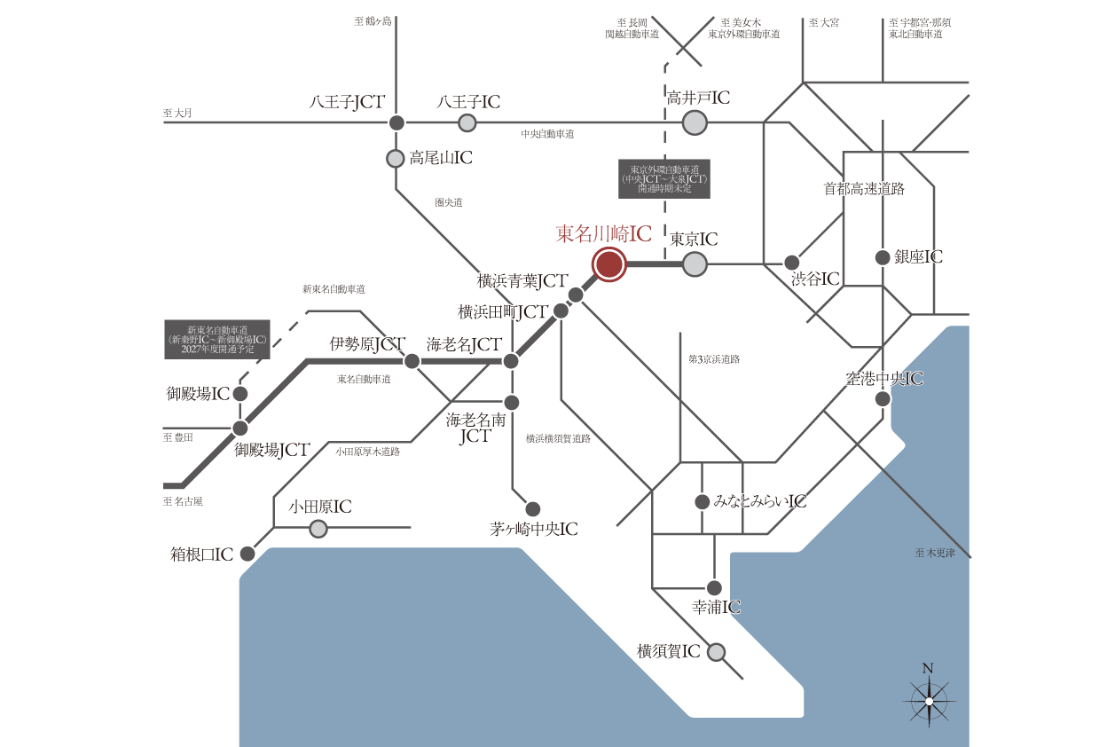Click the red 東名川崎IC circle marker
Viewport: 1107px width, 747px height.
click(x=608, y=264)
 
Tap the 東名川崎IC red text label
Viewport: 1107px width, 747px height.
click(x=603, y=234)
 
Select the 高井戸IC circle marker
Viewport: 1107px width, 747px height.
click(x=695, y=122)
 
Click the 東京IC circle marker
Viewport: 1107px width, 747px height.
click(x=695, y=263)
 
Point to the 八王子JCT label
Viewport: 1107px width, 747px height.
click(x=346, y=103)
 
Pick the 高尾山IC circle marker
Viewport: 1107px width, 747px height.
click(x=396, y=159)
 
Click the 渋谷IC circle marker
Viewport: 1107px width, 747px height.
click(x=792, y=263)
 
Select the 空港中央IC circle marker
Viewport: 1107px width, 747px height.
click(x=883, y=399)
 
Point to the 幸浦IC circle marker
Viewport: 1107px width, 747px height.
click(x=714, y=587)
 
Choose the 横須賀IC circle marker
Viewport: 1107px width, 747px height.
click(x=716, y=653)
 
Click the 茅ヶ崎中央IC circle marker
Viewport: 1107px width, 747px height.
click(x=532, y=508)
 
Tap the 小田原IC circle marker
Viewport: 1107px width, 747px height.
click(x=318, y=529)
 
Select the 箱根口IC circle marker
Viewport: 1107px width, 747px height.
click(x=247, y=554)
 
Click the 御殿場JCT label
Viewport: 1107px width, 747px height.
click(x=271, y=451)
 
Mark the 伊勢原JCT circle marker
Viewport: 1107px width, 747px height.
click(x=412, y=361)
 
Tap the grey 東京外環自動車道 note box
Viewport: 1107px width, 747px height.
click(x=664, y=179)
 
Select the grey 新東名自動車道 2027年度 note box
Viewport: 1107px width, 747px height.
click(x=217, y=340)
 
